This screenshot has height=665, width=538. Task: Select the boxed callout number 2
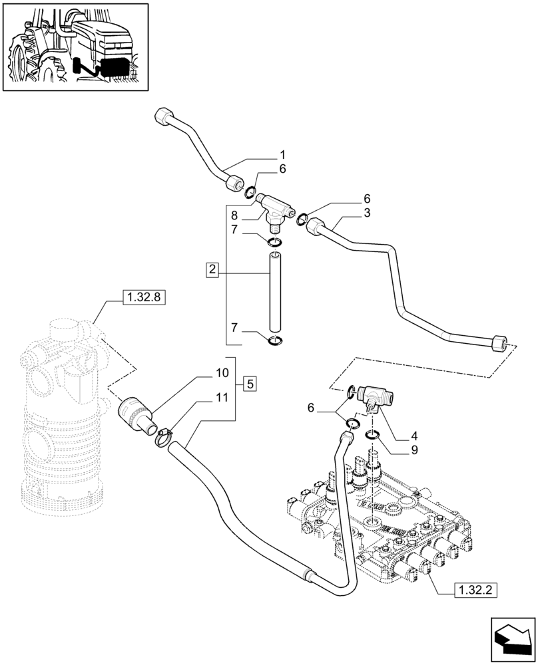[x=212, y=271]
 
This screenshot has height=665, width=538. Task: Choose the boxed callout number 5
[x=249, y=383]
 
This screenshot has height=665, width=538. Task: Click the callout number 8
[x=234, y=215]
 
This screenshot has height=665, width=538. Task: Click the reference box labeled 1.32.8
[x=143, y=298]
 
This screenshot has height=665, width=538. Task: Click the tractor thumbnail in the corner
[x=75, y=47]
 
